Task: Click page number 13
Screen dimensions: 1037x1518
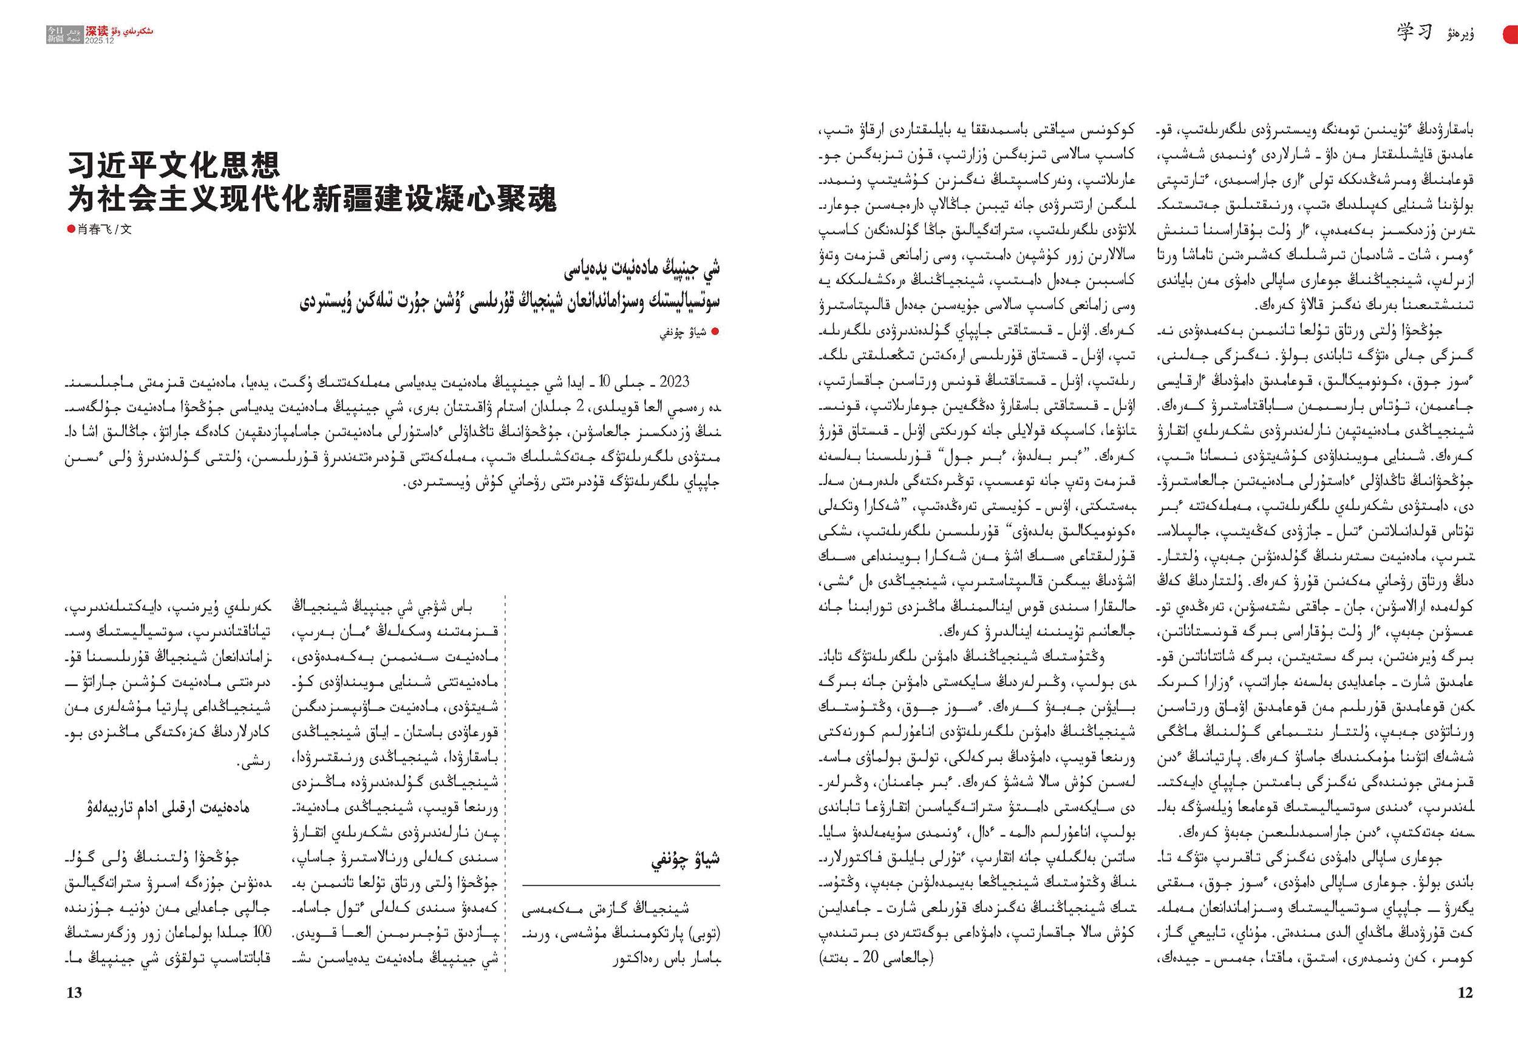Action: click(x=74, y=993)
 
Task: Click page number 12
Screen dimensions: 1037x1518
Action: click(x=1465, y=993)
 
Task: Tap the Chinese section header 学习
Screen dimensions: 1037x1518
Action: click(x=1415, y=32)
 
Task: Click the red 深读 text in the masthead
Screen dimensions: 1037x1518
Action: click(x=97, y=31)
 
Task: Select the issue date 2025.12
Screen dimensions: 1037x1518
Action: click(x=100, y=41)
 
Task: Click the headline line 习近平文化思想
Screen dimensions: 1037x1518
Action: click(x=174, y=165)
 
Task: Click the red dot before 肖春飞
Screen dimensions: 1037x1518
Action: click(x=71, y=229)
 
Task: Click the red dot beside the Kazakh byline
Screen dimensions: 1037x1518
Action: click(x=715, y=331)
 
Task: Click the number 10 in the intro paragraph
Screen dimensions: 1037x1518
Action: click(x=604, y=381)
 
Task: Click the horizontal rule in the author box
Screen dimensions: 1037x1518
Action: click(x=621, y=885)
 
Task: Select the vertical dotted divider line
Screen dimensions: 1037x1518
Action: click(x=506, y=784)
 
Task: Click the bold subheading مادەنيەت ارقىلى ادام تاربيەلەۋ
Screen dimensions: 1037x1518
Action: click(x=168, y=807)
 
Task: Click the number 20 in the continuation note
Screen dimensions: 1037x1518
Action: click(x=870, y=957)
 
